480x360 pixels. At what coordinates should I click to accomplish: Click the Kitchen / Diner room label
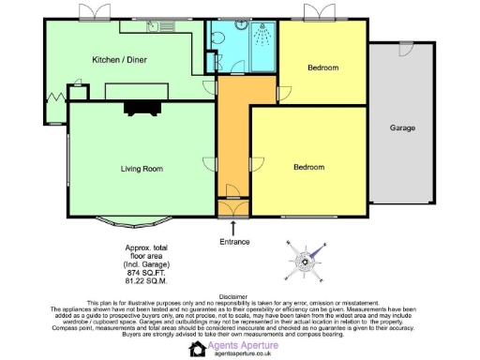click(x=119, y=59)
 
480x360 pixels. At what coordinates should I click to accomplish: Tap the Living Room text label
click(x=141, y=169)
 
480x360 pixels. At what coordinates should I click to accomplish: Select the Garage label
click(x=402, y=127)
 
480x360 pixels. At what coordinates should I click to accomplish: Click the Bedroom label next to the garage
click(x=322, y=67)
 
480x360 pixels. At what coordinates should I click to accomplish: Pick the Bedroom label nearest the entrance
click(x=308, y=167)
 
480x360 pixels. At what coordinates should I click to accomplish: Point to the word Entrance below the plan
click(x=234, y=242)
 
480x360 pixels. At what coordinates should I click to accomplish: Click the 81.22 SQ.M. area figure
click(x=143, y=279)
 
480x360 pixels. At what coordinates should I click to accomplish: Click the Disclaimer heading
click(x=239, y=296)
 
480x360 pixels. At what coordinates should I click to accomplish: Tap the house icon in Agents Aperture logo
click(x=197, y=349)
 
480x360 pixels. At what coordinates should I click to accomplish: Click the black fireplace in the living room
click(x=143, y=106)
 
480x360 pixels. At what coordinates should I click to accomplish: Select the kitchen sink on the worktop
click(x=173, y=28)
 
